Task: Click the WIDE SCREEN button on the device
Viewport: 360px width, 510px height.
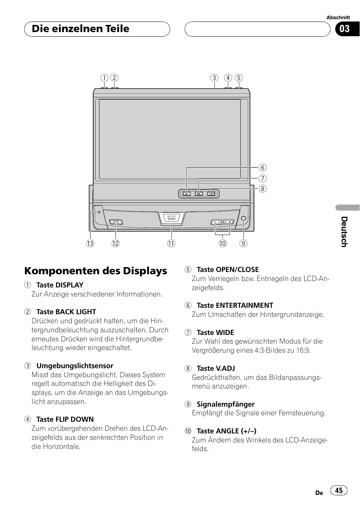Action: pos(172,218)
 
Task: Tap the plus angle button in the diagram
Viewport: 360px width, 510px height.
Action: pos(228,222)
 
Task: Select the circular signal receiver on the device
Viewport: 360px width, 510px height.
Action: pos(243,218)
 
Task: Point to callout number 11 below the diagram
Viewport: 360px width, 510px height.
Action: pos(171,243)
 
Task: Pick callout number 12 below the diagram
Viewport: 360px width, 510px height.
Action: pos(115,243)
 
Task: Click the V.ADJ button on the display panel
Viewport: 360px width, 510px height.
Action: pos(211,194)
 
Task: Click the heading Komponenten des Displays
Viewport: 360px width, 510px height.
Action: pos(95,271)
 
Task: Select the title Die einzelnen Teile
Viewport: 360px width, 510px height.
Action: pos(80,29)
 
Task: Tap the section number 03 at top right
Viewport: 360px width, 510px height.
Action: pos(345,29)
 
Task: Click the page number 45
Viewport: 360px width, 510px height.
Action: pos(339,490)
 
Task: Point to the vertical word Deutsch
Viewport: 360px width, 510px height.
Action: pos(344,232)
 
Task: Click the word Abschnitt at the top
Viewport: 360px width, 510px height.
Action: pos(338,17)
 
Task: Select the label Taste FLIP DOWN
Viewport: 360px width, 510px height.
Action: pos(65,419)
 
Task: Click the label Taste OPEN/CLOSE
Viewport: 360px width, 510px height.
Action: pos(228,269)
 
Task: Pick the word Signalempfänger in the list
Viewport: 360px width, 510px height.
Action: pos(225,404)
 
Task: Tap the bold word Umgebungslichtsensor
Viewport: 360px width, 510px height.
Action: pos(74,366)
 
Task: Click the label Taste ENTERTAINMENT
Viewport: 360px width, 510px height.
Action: pos(235,305)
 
